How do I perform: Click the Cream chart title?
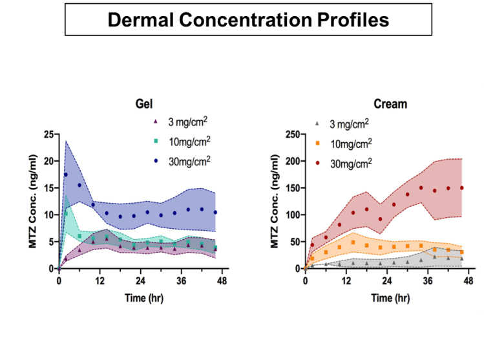click(x=386, y=103)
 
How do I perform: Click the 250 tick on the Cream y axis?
click(x=292, y=134)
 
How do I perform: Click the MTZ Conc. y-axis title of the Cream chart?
click(x=275, y=200)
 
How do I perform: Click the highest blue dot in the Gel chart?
click(x=66, y=175)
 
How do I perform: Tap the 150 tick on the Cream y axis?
click(x=292, y=187)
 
